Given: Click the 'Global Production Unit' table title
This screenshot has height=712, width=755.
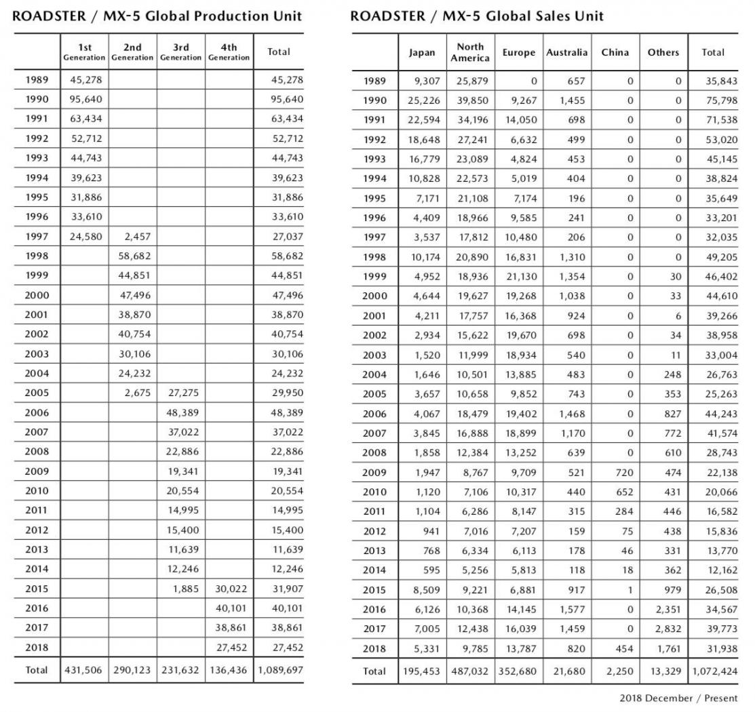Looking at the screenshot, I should [157, 16].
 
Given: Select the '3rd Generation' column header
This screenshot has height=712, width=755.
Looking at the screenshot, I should [181, 52].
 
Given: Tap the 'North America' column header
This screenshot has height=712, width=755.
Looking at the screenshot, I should [470, 52].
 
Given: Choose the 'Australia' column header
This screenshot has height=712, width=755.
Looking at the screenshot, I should [567, 52].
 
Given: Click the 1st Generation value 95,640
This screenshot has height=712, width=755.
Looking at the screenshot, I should [85, 100].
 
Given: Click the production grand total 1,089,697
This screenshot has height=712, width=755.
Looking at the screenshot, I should [279, 669].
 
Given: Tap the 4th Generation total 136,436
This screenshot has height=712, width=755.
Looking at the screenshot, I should [229, 669].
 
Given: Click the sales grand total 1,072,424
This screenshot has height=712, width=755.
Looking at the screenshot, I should [714, 671].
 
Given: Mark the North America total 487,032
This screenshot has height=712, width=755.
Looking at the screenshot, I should [470, 671].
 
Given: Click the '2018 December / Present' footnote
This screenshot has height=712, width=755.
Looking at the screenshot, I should [678, 698].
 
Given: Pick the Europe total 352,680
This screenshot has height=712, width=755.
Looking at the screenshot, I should [519, 671].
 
